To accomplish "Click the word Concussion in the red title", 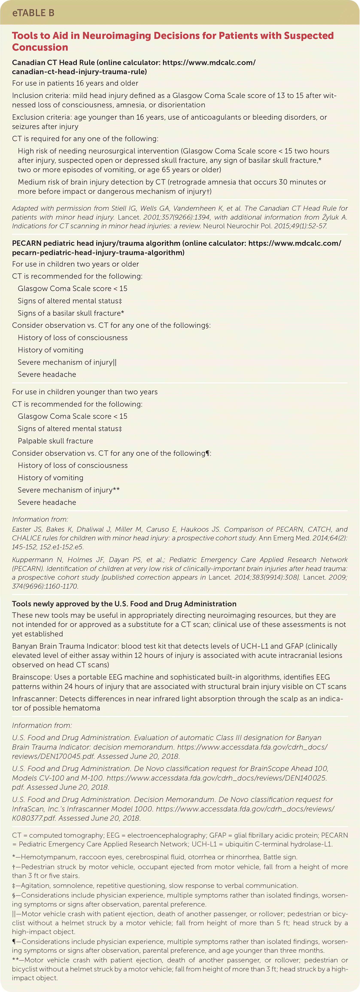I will pyautogui.click(x=40, y=47).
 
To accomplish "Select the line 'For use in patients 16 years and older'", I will pyautogui.click(x=75, y=83).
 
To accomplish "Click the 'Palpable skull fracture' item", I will pyautogui.click(x=55, y=441).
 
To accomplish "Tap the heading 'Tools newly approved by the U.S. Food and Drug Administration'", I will pyautogui.click(x=124, y=604).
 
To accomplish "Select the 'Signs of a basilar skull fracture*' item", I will pyautogui.click(x=71, y=313).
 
